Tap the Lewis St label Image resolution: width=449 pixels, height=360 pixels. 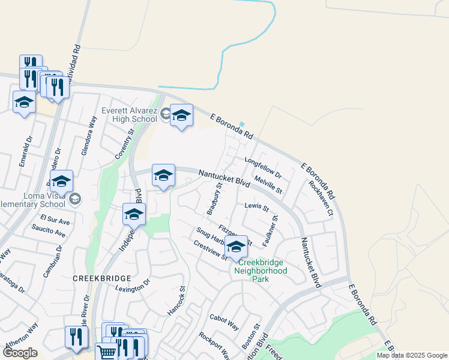pyautogui.click(x=257, y=207)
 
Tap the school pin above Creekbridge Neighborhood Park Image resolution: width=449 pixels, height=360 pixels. pyautogui.click(x=237, y=246)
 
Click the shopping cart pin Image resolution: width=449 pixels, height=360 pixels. pyautogui.click(x=106, y=353)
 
